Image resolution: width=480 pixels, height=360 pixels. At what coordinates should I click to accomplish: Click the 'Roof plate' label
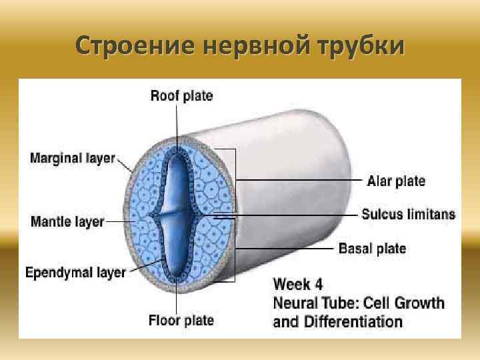181,96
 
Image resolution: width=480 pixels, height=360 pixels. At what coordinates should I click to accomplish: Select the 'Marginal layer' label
73,159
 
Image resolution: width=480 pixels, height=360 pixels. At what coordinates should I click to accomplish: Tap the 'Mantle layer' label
67,221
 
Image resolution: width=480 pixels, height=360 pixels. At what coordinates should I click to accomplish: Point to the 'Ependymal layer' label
75,273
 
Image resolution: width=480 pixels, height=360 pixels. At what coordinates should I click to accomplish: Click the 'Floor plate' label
181,321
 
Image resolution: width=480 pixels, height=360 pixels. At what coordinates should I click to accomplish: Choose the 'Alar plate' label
395,181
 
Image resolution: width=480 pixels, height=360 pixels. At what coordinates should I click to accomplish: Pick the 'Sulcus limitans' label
409,215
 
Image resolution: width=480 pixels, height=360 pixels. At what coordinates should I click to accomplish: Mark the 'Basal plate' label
372,249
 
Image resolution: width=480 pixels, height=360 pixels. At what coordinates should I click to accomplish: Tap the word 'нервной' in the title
248,46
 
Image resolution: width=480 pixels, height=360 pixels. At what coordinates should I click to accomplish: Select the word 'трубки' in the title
360,46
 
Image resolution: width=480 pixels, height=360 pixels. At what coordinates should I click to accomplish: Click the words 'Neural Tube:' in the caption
316,303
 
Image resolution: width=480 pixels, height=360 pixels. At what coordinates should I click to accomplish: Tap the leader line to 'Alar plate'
300,181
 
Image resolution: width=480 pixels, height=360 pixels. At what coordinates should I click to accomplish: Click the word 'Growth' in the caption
419,303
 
